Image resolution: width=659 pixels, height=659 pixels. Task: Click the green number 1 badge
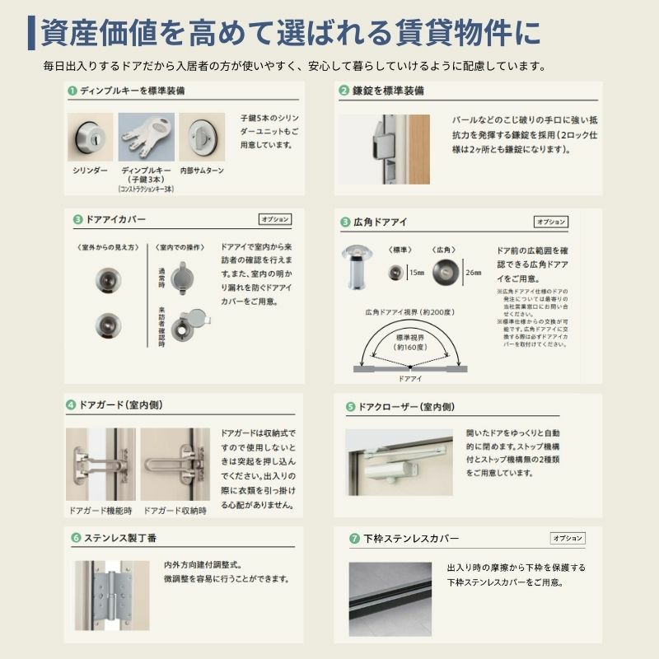[x=72, y=91]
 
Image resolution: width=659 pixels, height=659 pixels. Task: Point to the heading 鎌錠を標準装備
[x=388, y=91]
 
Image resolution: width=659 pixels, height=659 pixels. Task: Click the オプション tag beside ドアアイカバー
[x=275, y=220]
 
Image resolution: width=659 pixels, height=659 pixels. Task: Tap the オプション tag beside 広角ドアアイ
[x=551, y=222]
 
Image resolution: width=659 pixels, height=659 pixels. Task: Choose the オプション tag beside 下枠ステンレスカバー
[x=568, y=538]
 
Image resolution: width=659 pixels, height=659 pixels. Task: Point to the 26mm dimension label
[x=473, y=272]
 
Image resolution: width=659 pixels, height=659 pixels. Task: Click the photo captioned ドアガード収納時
[x=175, y=465]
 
